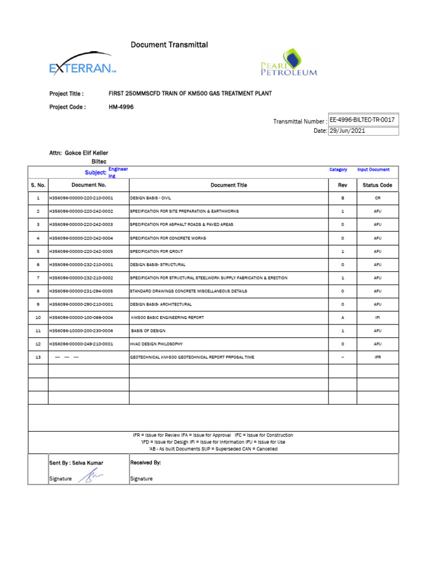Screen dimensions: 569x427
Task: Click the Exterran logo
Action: pos(82,66)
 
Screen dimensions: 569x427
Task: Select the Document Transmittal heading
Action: pos(169,44)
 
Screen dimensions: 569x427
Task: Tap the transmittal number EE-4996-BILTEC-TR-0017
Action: pos(363,120)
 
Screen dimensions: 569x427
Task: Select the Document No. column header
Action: pos(88,185)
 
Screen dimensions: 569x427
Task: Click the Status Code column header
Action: pos(377,185)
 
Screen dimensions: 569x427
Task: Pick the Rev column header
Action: pos(342,185)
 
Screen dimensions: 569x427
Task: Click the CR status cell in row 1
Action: pos(378,198)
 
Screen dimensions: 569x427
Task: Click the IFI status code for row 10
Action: pos(378,317)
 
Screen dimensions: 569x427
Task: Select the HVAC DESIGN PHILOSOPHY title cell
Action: pos(156,344)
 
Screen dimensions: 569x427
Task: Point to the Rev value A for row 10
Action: pos(342,317)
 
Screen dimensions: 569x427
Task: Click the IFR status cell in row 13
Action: pos(378,357)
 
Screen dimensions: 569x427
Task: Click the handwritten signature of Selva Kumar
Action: pos(91,477)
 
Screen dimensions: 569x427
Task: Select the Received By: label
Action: pos(146,462)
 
